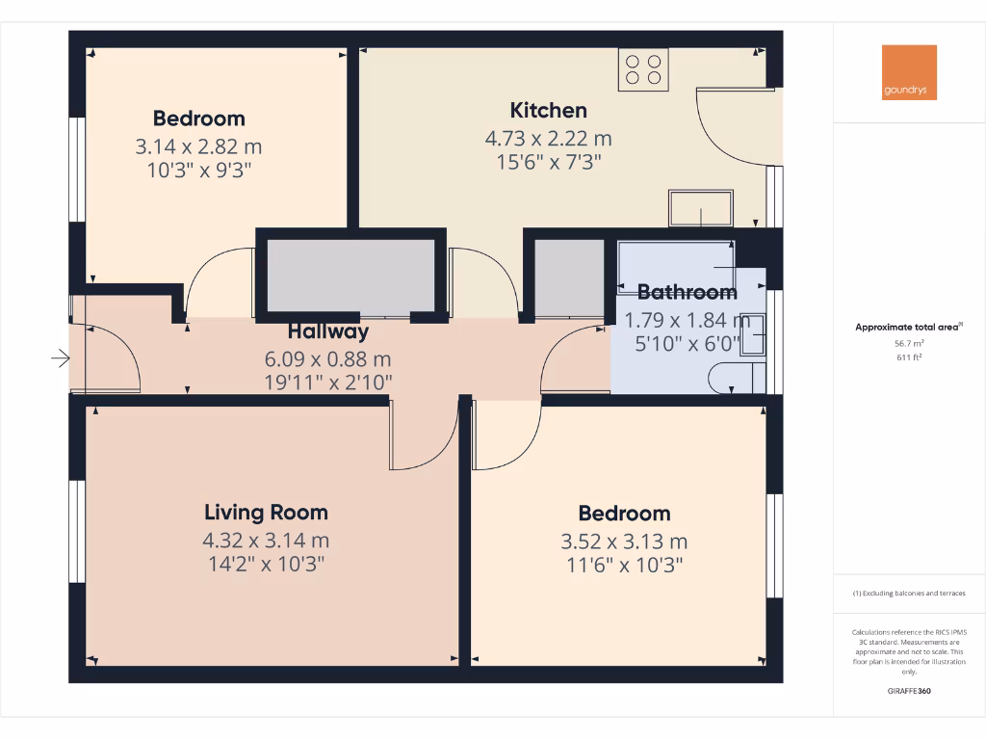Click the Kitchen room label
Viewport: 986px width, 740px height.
click(548, 110)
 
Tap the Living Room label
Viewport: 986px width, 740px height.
click(266, 513)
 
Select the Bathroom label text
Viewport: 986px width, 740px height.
click(688, 292)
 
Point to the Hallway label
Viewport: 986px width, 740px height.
click(328, 331)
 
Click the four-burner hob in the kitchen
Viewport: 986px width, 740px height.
click(644, 68)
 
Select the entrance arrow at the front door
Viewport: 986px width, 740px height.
click(61, 359)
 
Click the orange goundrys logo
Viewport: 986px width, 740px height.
click(909, 72)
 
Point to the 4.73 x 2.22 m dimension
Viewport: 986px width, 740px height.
click(548, 139)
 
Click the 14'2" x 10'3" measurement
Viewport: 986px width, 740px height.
click(266, 564)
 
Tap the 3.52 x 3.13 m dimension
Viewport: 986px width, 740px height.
click(624, 542)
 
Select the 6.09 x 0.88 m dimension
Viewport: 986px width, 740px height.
click(328, 358)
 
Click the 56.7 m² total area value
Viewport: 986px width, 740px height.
click(909, 343)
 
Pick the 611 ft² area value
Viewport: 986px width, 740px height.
click(909, 357)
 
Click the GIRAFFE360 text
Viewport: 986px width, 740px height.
click(909, 691)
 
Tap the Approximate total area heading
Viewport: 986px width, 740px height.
click(907, 328)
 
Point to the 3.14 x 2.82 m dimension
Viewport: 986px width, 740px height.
click(199, 147)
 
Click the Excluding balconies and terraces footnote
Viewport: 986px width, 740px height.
click(909, 594)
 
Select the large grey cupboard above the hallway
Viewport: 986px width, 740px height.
click(350, 277)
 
